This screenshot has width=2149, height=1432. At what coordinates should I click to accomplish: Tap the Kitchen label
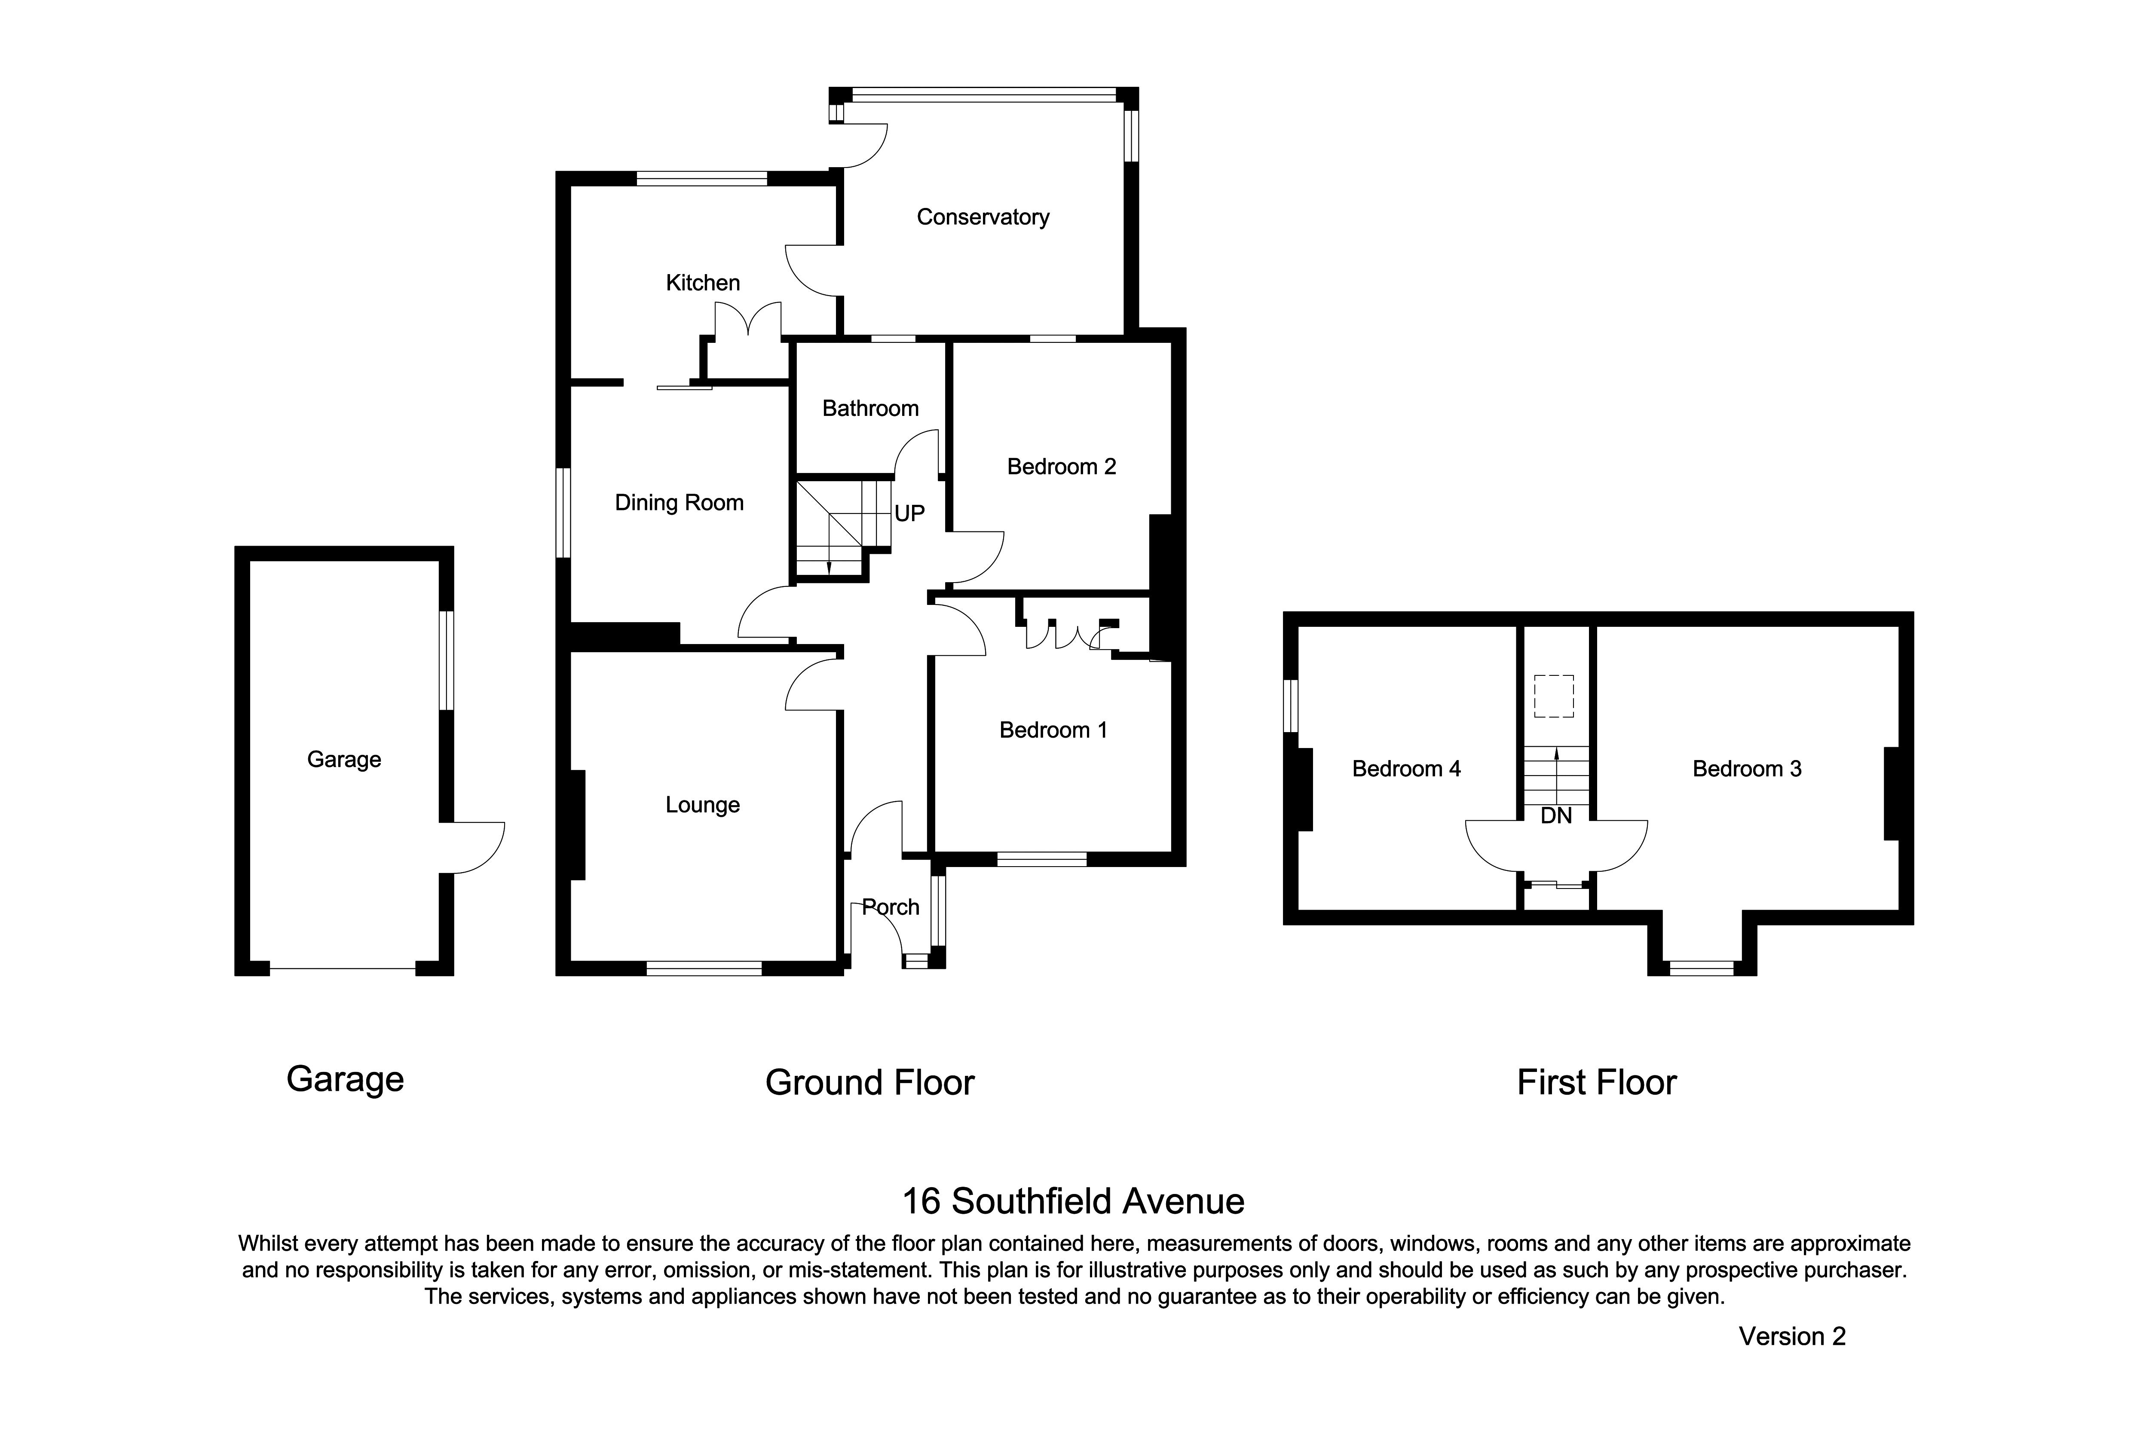point(703,283)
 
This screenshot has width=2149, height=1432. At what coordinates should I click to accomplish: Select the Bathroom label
point(870,408)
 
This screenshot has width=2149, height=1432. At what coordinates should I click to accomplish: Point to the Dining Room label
point(679,503)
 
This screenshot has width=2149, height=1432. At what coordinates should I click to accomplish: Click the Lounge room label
point(702,806)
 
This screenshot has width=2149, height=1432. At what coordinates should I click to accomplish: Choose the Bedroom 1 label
point(1053,731)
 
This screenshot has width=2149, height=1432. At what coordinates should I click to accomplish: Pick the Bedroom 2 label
point(1061,467)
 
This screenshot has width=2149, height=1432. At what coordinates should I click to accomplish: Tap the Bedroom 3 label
point(1746,769)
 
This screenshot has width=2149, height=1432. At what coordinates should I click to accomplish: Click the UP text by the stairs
point(909,514)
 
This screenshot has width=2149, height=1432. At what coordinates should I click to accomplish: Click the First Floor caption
point(1596,1083)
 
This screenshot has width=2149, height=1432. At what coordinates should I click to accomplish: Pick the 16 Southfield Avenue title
point(1073,1202)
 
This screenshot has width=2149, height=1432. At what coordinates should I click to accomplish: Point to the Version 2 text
point(1792,1337)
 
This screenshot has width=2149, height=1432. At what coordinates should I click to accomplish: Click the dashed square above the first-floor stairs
point(1553,696)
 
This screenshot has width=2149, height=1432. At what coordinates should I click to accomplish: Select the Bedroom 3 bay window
point(1701,969)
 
